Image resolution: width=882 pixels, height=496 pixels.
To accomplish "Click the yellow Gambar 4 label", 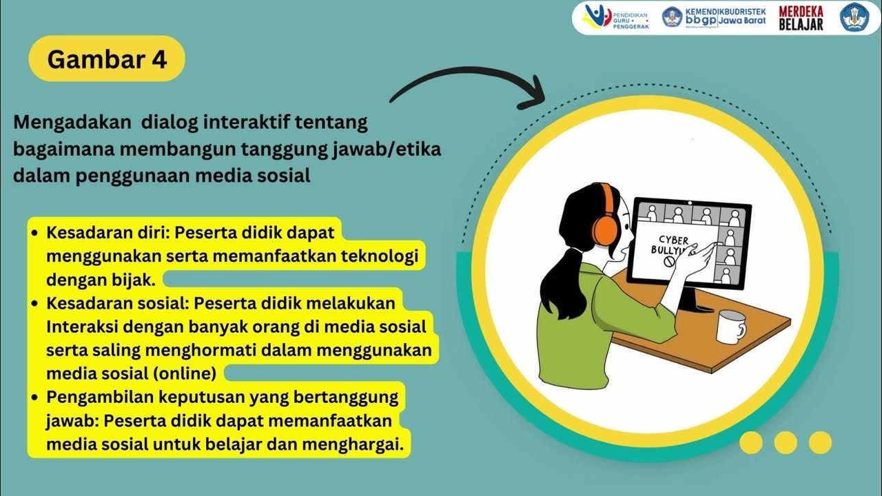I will pos(107,59).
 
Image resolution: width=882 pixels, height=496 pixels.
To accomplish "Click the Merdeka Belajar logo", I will pos(801,18).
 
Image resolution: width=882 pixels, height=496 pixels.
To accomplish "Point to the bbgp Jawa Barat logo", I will pos(714,17).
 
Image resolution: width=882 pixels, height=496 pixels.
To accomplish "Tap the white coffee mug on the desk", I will pos(730,326).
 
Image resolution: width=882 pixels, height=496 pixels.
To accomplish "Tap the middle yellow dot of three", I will pos(786,442).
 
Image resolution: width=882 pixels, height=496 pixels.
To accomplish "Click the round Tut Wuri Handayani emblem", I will pos(860,17).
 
